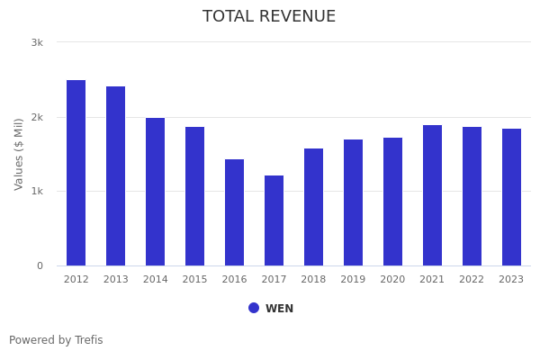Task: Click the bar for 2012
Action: pos(76,173)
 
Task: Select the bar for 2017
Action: pos(274,220)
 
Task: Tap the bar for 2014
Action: pos(155,192)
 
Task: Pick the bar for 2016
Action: pos(234,212)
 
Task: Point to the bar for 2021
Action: pos(432,195)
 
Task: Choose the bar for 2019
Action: pos(353,202)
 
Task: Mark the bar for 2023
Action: pos(511,197)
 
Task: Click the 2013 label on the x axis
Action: pos(115,280)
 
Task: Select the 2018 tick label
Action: pos(313,280)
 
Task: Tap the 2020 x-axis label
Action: pos(392,280)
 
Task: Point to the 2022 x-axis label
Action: pos(472,280)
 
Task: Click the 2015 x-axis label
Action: pos(194,280)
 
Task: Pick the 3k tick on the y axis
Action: pos(37,42)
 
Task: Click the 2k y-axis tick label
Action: pos(37,117)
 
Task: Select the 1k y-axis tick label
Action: pos(37,192)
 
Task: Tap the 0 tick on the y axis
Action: pos(40,265)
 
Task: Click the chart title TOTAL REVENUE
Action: pos(269,17)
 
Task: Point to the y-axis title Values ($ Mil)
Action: pos(19,154)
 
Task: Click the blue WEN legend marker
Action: pos(254,308)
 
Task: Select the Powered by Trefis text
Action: pos(56,340)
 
